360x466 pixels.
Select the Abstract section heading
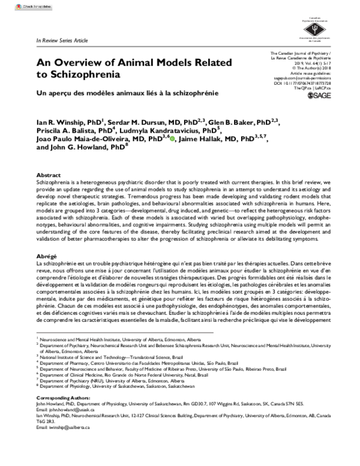(50, 174)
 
